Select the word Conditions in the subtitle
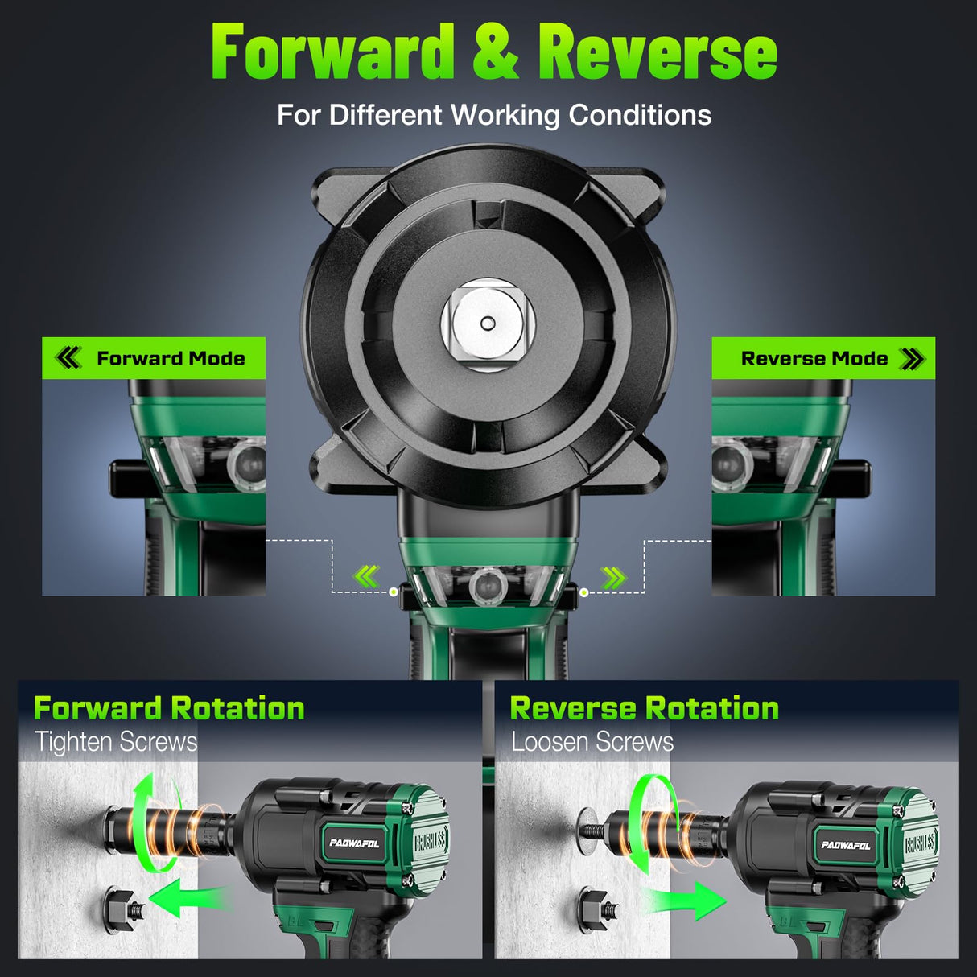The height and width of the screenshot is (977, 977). click(x=640, y=115)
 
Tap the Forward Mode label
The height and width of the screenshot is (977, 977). click(x=171, y=359)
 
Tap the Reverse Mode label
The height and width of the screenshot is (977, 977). click(x=814, y=359)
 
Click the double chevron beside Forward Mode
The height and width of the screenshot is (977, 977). click(x=68, y=358)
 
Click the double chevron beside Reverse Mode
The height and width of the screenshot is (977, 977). click(x=912, y=359)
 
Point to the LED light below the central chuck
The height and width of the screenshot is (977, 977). click(x=487, y=585)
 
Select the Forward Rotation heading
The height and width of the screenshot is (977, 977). click(x=169, y=708)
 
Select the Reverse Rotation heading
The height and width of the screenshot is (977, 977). click(x=644, y=708)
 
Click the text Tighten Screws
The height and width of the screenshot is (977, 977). click(x=116, y=742)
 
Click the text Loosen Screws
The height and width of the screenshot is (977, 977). click(x=592, y=742)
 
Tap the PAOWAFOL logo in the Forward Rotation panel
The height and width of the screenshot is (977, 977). click(x=354, y=843)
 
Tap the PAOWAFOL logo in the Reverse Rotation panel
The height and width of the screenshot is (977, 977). click(x=845, y=845)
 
